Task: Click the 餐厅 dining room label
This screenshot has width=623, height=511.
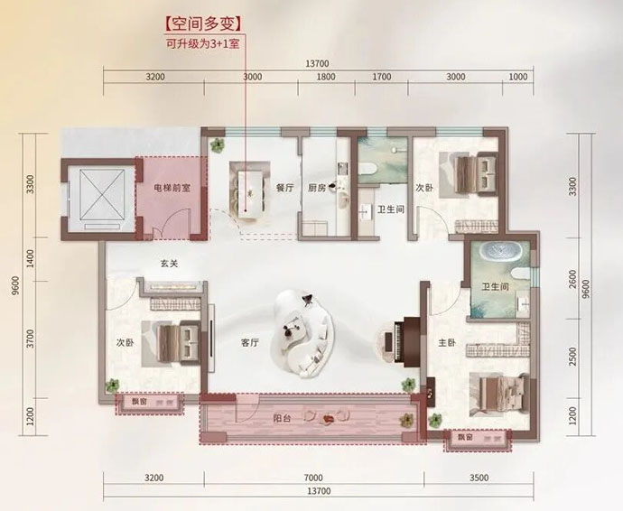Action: (285, 188)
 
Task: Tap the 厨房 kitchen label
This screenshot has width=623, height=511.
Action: (317, 188)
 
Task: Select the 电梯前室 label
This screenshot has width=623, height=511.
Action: (172, 188)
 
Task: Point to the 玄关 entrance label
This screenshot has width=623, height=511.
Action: (169, 264)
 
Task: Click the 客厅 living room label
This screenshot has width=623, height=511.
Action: (250, 342)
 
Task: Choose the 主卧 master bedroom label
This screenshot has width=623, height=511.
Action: (447, 342)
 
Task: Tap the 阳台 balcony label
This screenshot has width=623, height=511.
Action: (282, 418)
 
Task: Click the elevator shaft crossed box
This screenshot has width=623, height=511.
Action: (102, 194)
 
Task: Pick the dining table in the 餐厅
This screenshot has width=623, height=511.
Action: (251, 193)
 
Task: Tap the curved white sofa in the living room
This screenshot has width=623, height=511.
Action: (303, 334)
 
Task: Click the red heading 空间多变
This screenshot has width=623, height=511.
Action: (203, 24)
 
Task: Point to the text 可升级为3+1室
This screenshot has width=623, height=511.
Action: (202, 43)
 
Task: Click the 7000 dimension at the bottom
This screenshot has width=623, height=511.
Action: (313, 478)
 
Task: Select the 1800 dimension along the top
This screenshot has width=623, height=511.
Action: (326, 77)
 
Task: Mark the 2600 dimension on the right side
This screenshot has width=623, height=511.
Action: (572, 279)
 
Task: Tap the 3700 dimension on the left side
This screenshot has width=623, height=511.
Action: (31, 339)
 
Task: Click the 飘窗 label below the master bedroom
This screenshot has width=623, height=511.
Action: (465, 438)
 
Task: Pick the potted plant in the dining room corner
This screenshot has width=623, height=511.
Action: (217, 145)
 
